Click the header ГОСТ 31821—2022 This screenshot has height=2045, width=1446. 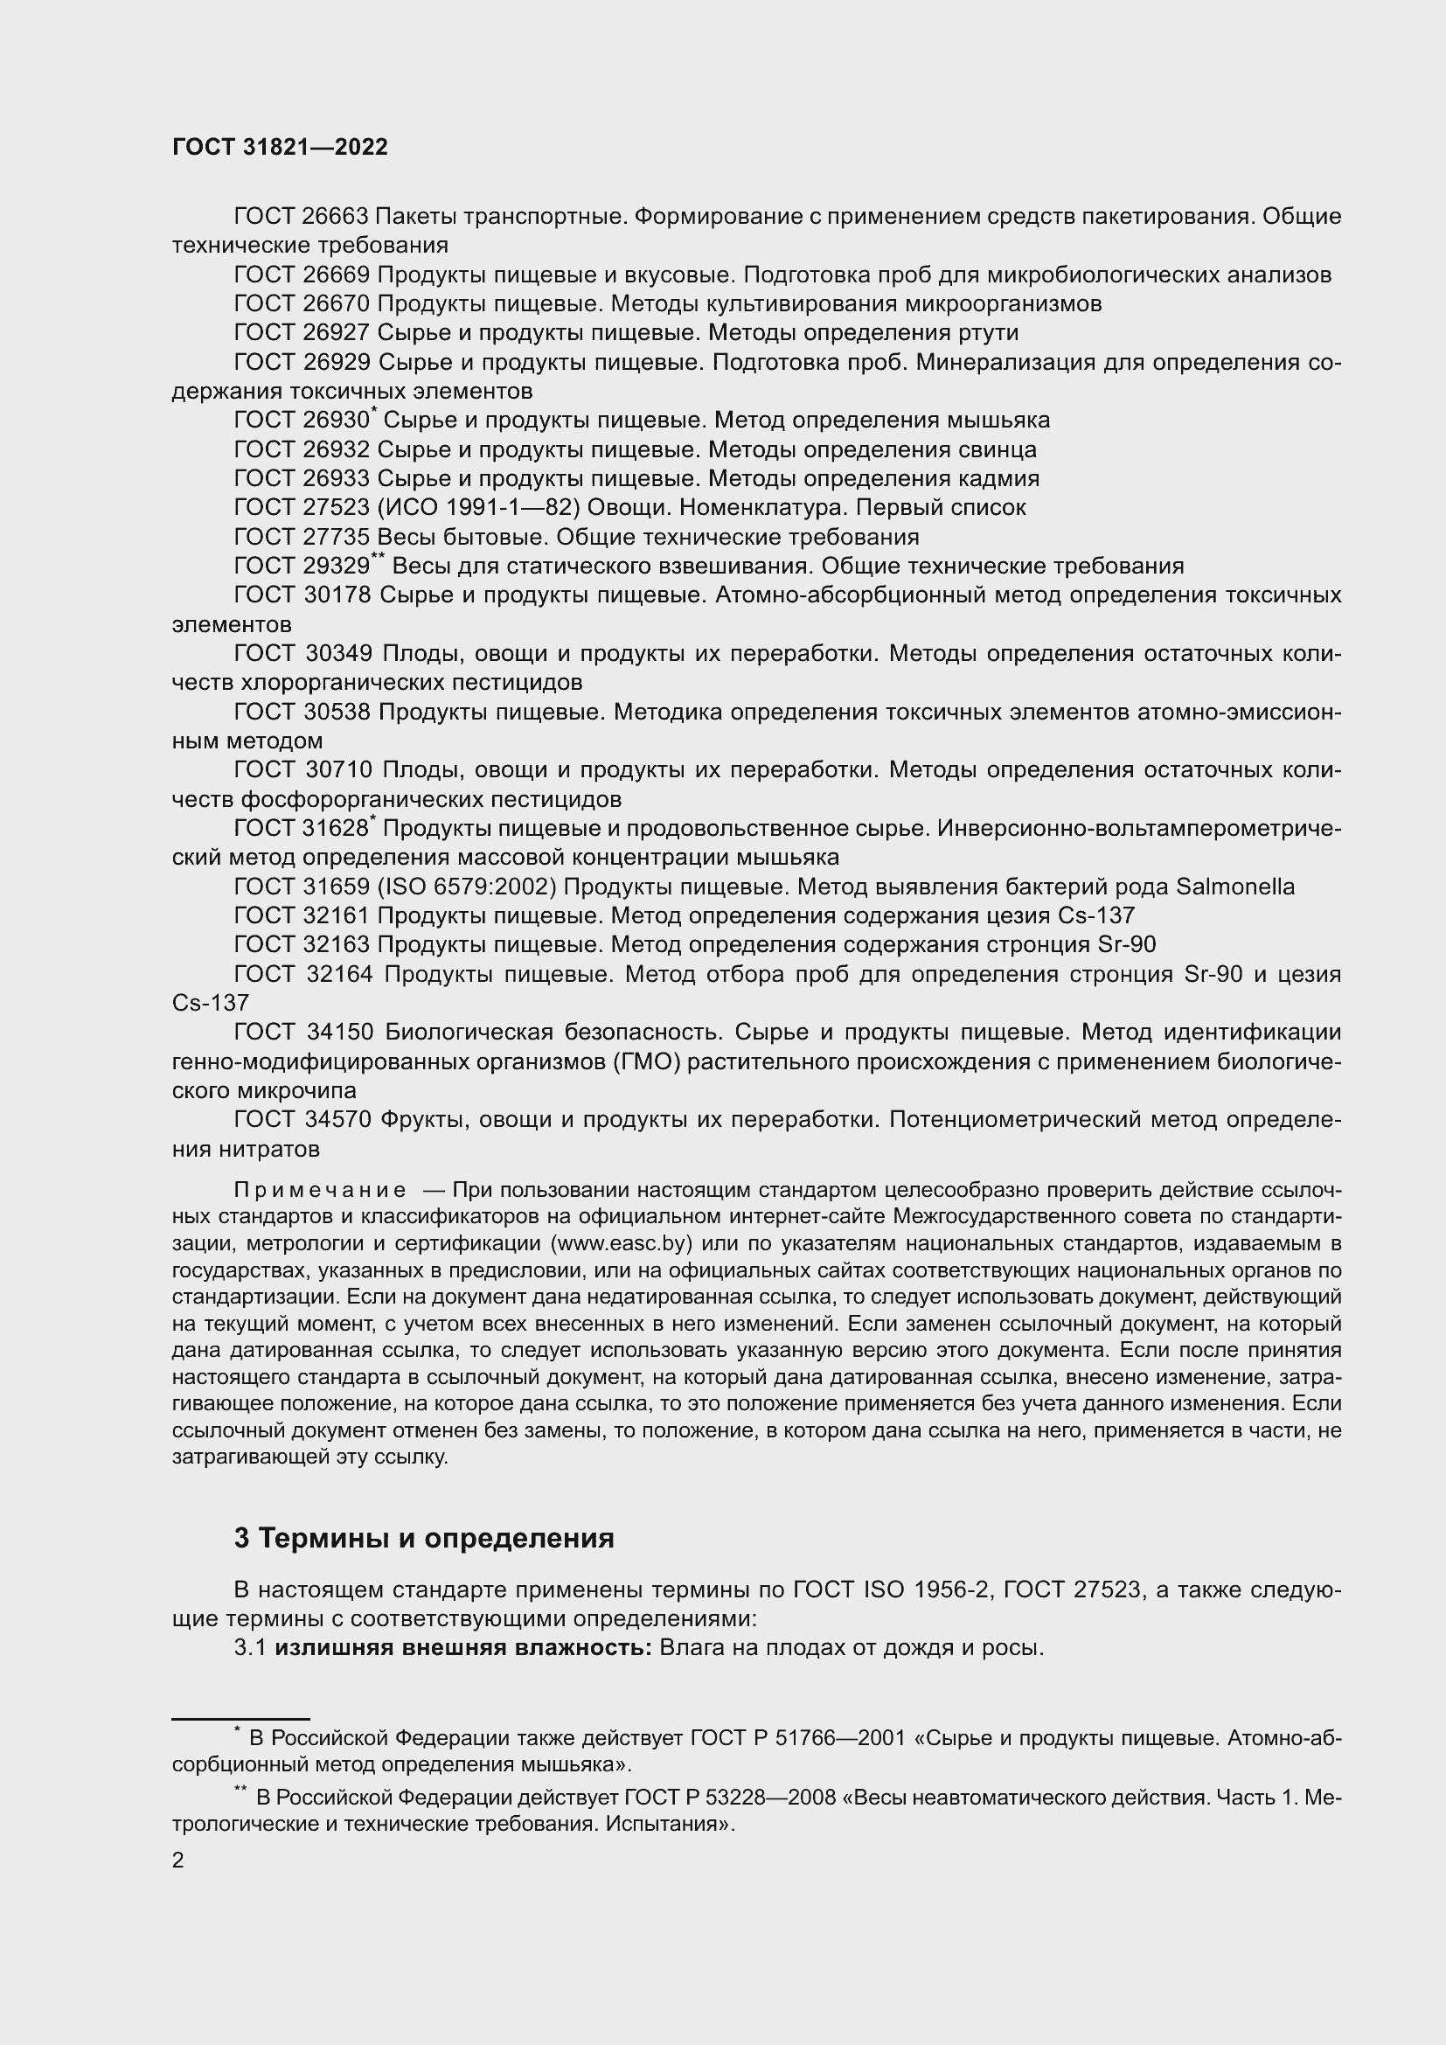point(280,147)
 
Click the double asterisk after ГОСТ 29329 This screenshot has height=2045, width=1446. point(378,558)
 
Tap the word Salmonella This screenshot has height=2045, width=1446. point(1235,887)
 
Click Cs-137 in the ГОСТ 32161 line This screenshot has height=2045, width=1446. point(1096,915)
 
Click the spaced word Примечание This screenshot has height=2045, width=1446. point(320,1191)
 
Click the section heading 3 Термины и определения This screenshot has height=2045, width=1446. point(424,1538)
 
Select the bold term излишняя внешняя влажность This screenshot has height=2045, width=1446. point(463,1648)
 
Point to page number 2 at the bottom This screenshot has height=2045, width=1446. point(178,1861)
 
